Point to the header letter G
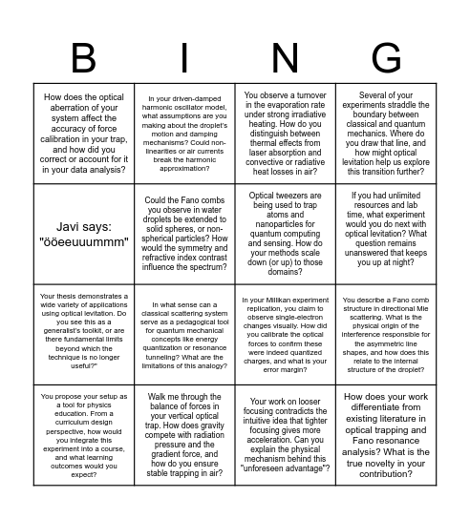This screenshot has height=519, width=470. point(387,58)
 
